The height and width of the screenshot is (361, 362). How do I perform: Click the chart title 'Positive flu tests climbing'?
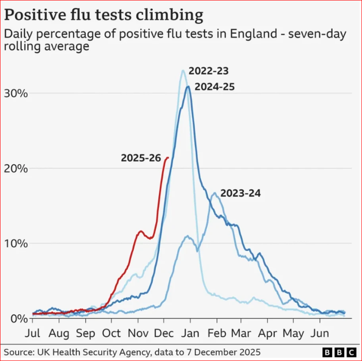[104, 15]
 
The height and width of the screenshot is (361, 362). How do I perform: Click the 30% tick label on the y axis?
[16, 93]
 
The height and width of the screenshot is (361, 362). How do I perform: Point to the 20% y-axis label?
[16, 168]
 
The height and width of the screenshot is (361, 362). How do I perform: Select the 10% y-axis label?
[16, 243]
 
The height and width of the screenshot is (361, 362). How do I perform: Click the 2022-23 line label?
[209, 71]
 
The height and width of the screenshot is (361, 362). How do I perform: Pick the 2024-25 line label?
[215, 87]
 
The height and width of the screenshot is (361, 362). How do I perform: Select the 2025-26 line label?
[141, 158]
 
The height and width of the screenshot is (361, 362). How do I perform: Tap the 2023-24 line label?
[241, 193]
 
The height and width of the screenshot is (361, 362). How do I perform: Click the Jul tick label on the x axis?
[33, 333]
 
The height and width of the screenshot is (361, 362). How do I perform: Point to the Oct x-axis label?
[112, 333]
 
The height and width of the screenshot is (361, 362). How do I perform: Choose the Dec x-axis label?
[164, 333]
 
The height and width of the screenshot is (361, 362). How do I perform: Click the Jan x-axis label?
[191, 333]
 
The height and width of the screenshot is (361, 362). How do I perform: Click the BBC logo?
[339, 352]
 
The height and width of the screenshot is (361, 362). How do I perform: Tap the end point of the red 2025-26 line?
[168, 158]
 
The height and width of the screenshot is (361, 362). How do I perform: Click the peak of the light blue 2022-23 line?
[183, 70]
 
